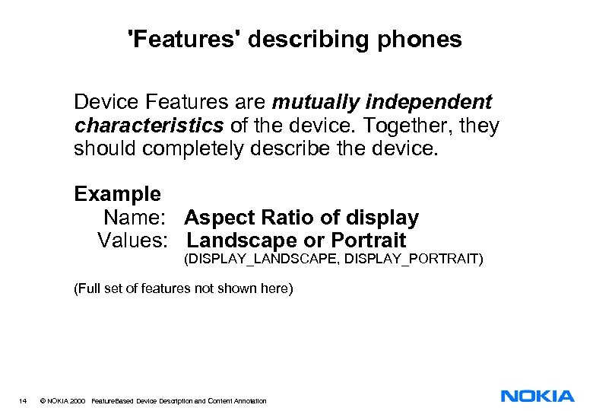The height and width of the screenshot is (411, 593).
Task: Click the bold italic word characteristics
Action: click(148, 125)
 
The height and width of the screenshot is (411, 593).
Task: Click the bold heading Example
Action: click(117, 194)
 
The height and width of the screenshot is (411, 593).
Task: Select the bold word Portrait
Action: click(369, 241)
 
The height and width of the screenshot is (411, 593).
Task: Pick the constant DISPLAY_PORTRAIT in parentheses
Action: click(414, 260)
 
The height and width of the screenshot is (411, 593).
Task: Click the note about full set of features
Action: click(182, 289)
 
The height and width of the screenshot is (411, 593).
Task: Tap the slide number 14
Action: click(23, 400)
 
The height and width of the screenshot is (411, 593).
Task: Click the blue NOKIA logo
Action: click(537, 396)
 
